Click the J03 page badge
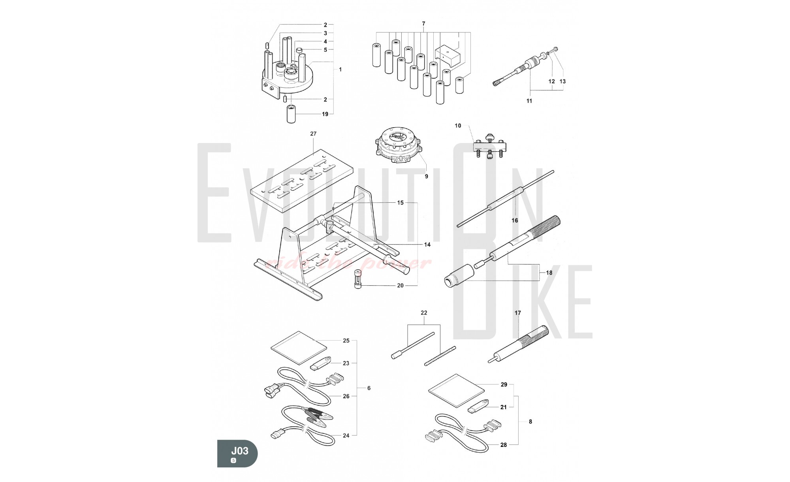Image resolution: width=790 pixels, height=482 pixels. click(x=237, y=454)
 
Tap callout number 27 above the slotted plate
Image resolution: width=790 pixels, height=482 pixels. click(x=313, y=134)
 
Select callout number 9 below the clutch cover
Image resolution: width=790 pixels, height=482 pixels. click(x=426, y=177)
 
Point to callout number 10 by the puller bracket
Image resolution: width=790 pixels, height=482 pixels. click(x=458, y=126)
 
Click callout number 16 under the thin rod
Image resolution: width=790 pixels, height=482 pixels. click(x=515, y=220)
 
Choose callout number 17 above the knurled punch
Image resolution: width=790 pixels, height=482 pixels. click(x=518, y=313)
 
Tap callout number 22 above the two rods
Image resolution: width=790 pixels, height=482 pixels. click(x=424, y=313)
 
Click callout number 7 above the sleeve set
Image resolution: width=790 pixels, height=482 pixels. click(x=423, y=24)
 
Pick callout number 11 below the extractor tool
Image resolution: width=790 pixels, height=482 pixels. click(x=529, y=101)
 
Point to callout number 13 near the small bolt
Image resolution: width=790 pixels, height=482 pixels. click(x=563, y=81)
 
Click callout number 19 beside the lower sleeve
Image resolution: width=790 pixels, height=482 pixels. click(x=325, y=114)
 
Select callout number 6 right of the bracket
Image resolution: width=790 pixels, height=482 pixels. click(x=369, y=388)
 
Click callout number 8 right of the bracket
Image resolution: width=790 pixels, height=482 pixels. click(x=530, y=422)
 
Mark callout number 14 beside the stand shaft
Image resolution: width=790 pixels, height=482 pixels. click(x=427, y=245)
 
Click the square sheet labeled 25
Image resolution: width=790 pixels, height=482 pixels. click(x=299, y=348)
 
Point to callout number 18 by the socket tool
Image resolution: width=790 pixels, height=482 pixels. click(x=549, y=273)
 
